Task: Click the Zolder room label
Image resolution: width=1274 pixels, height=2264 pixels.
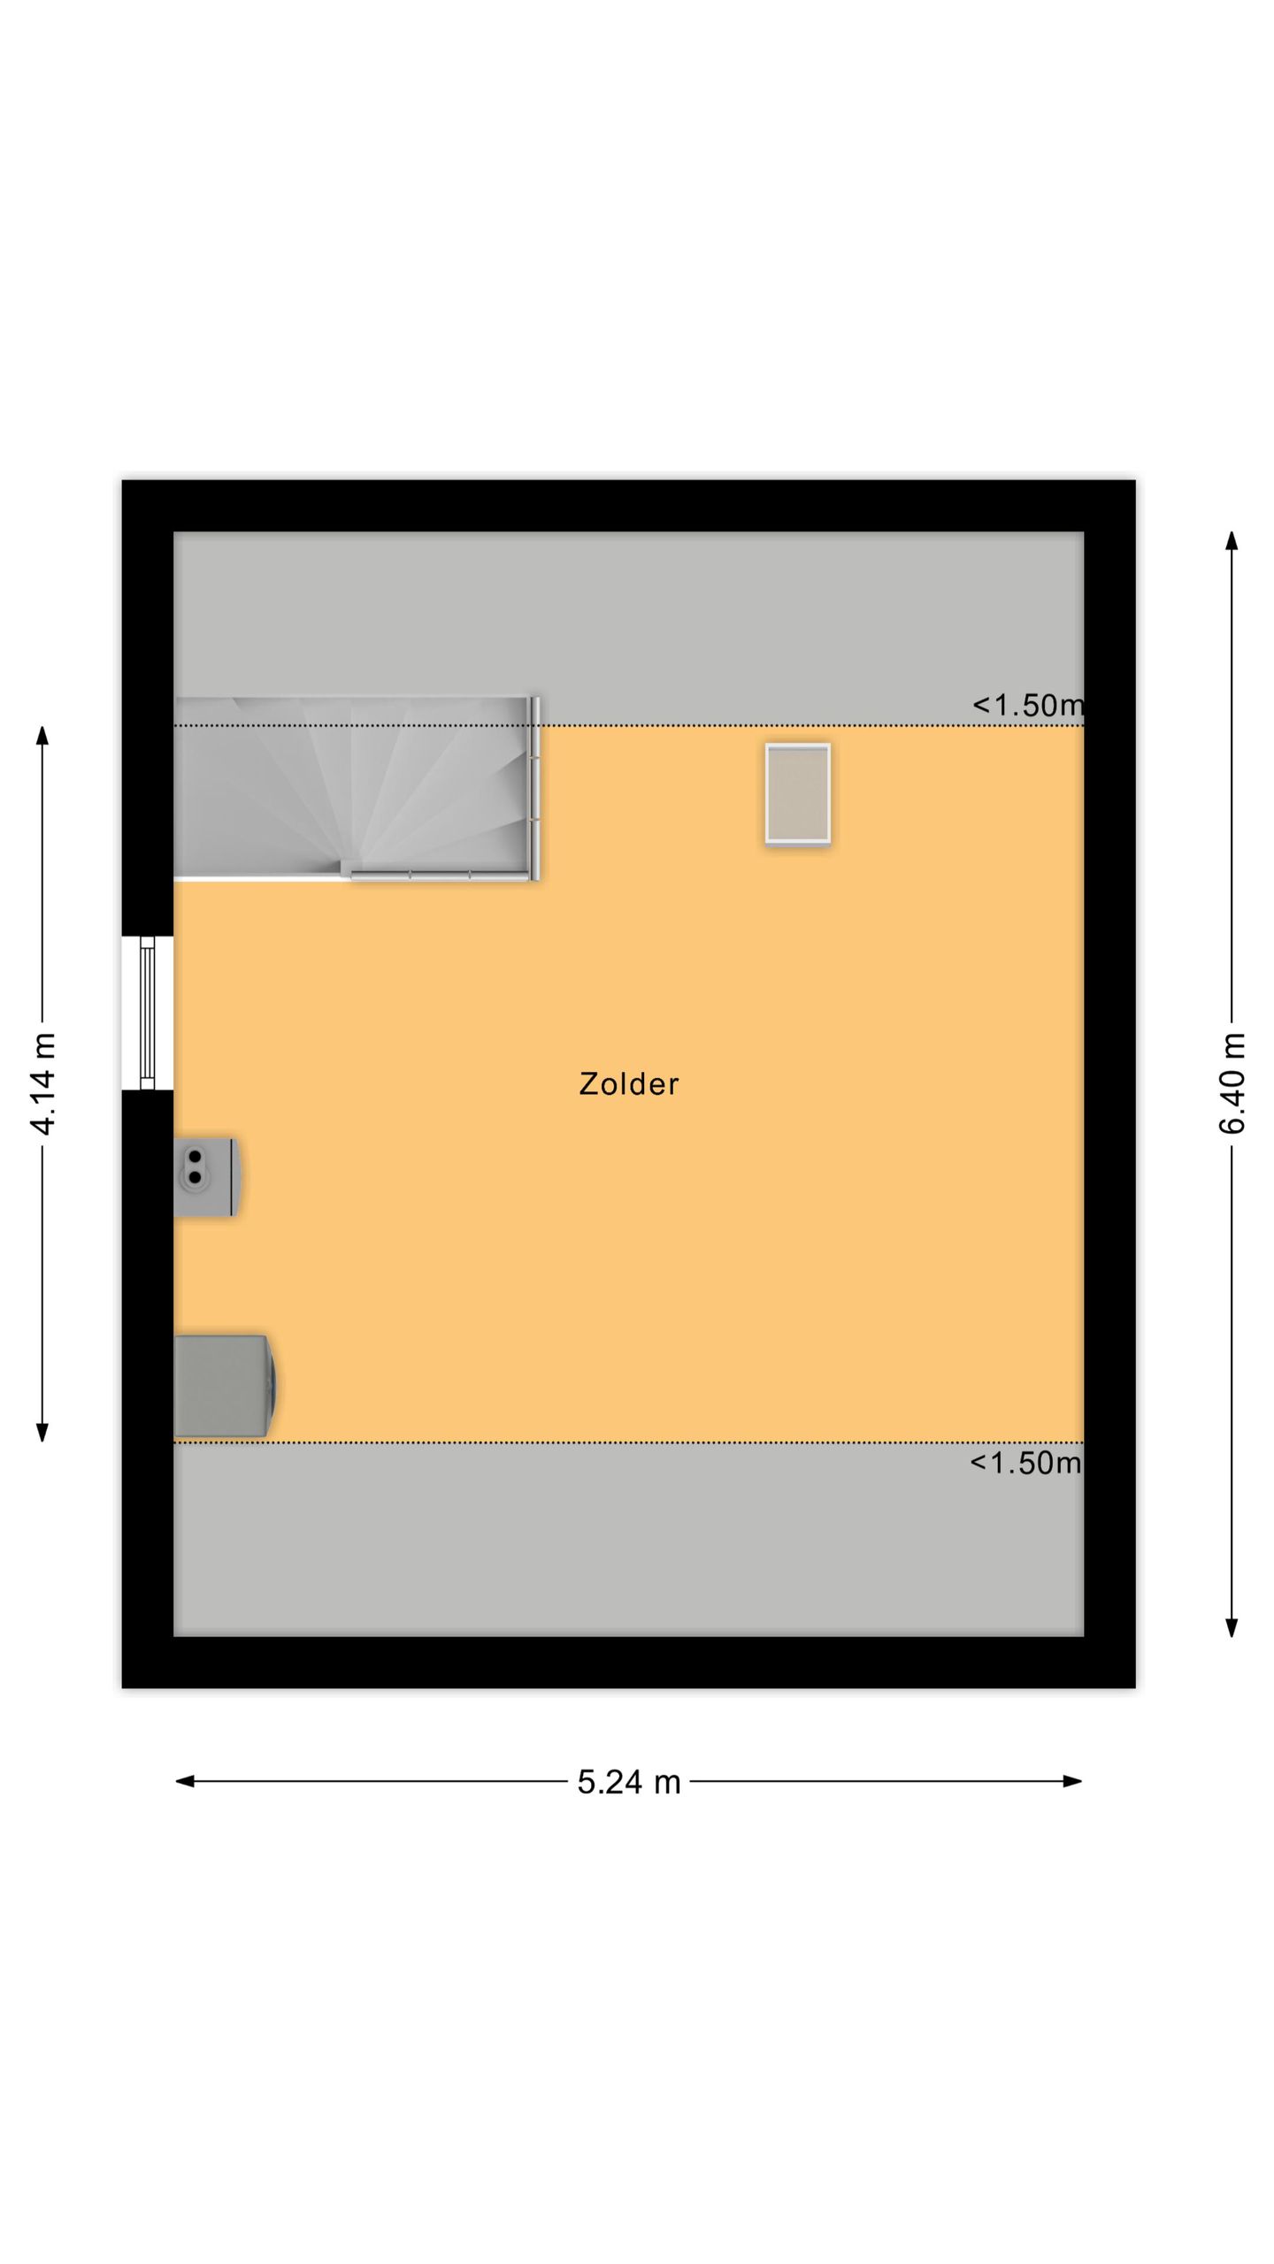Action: point(628,1084)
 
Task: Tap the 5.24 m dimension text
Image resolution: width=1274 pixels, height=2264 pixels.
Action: point(629,1782)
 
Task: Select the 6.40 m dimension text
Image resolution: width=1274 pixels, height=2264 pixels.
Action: point(1232,1083)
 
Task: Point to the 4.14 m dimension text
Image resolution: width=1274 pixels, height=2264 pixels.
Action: point(42,1083)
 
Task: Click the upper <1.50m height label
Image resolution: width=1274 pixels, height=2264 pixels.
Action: point(1027,705)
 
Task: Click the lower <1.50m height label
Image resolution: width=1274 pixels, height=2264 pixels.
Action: point(1025,1463)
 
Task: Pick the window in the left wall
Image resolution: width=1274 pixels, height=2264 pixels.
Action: point(148,1013)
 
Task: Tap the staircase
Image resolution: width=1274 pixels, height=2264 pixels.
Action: point(354,787)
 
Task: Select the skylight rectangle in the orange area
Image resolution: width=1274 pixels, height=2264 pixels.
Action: point(797,793)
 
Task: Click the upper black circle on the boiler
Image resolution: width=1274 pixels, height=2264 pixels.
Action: point(195,1157)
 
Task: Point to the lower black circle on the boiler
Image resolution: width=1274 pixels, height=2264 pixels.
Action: point(195,1177)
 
